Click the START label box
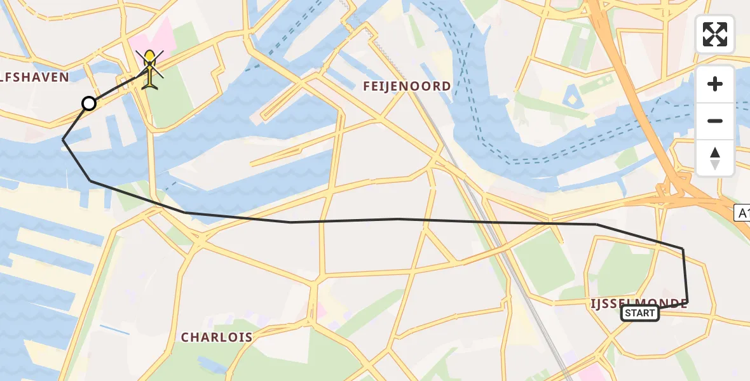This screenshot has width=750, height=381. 639,313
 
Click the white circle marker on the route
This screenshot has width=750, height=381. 89,104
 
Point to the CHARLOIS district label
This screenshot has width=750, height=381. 217,337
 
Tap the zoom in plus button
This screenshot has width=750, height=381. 715,84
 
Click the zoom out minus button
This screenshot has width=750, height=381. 715,121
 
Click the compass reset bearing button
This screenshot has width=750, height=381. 715,157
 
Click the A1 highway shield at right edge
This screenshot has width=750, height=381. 742,213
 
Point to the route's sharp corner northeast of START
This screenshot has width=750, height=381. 683,248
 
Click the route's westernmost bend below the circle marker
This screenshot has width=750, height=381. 63,140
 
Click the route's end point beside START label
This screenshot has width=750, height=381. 688,302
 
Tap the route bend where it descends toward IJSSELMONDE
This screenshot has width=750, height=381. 596,225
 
